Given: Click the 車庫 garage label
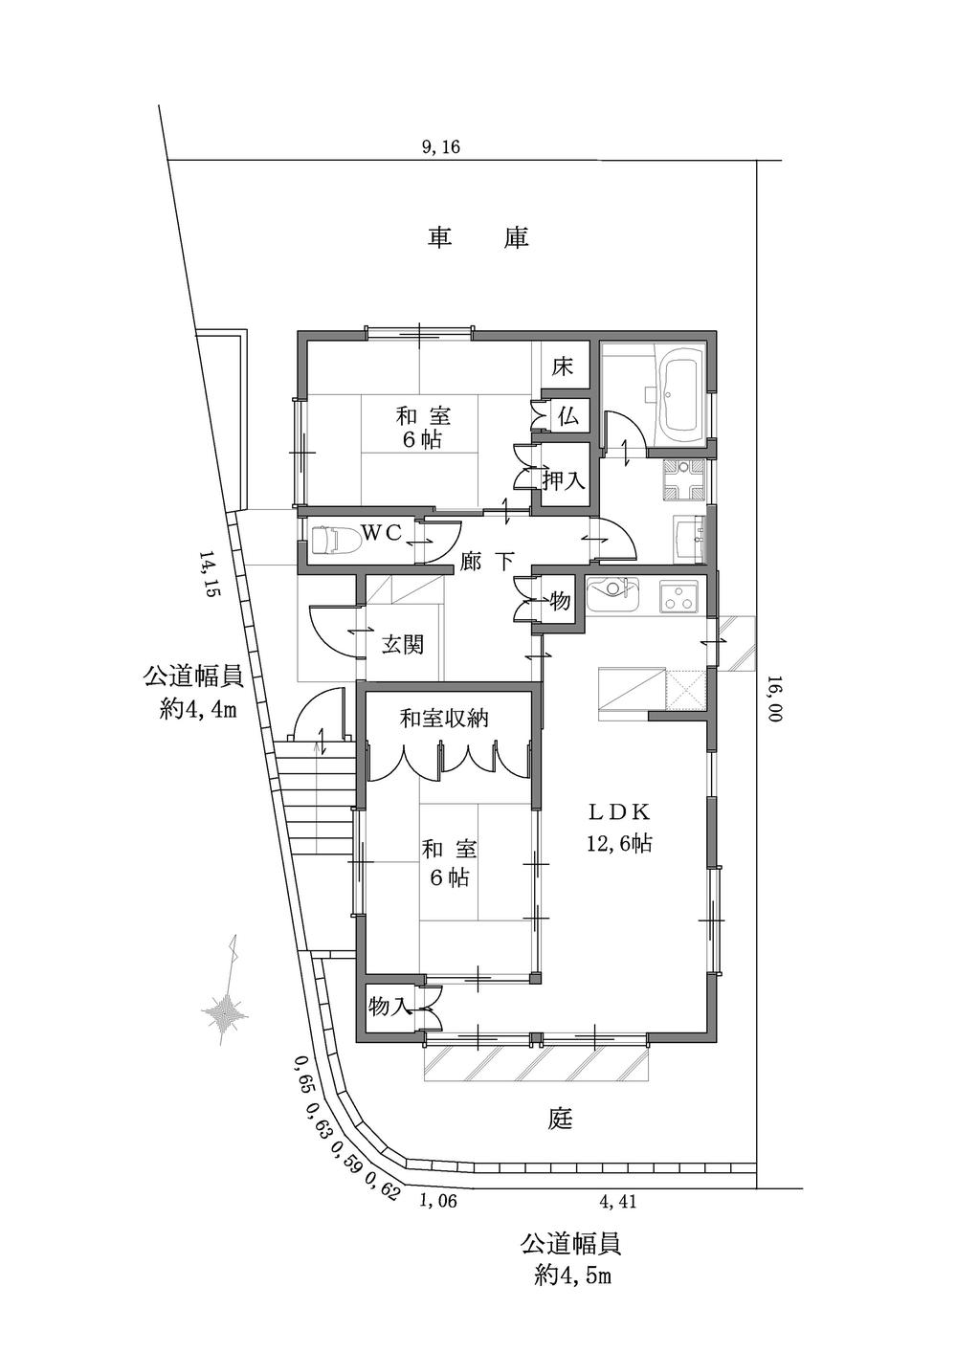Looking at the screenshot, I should [x=478, y=237].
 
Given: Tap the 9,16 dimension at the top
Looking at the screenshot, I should [x=441, y=146].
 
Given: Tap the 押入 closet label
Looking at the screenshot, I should [x=564, y=480].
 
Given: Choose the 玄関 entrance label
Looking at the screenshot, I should [x=403, y=645].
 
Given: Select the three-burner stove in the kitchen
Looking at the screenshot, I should [x=679, y=598].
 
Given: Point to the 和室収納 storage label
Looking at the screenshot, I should [x=444, y=718].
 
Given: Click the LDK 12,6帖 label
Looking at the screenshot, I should [x=619, y=828].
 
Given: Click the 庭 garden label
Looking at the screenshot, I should [x=560, y=1118].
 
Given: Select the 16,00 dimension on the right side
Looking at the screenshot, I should [x=773, y=699].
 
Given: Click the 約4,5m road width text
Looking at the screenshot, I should [x=571, y=1275].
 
